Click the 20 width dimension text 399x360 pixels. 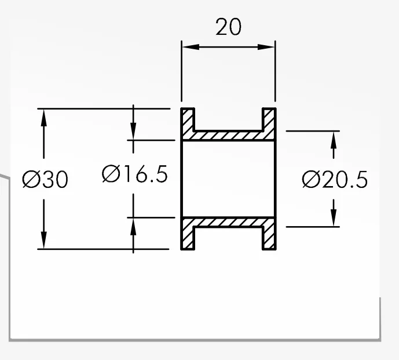[228, 27]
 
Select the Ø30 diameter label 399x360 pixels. [45, 179]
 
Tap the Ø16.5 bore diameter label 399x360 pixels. [135, 174]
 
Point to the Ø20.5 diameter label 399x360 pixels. [335, 179]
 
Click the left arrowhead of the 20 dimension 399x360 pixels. [191, 47]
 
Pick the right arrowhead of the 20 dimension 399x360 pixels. [266, 47]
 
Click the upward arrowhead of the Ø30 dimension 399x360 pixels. [44, 118]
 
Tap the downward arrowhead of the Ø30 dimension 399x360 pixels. [44, 240]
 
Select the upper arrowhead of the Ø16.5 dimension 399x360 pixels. [133, 131]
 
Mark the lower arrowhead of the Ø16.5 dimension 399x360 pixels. [133, 227]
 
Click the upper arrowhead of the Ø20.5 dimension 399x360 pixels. [334, 140]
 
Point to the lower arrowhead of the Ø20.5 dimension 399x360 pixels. [334, 217]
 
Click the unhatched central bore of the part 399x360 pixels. [229, 179]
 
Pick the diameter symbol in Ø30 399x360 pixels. [31, 179]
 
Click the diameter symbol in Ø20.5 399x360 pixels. [311, 179]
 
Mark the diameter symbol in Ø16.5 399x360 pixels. [111, 174]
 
